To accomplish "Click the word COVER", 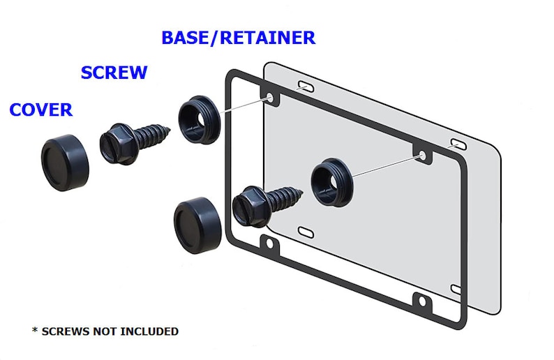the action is click(x=41, y=110).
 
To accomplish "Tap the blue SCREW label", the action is click(x=114, y=73).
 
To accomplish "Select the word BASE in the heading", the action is click(x=184, y=38).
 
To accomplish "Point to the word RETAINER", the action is click(x=267, y=38).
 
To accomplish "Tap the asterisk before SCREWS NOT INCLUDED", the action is click(x=35, y=330).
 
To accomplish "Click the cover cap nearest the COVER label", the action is click(x=65, y=163).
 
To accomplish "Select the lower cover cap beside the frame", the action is click(x=197, y=223).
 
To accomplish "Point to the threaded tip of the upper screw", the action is click(x=168, y=130).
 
